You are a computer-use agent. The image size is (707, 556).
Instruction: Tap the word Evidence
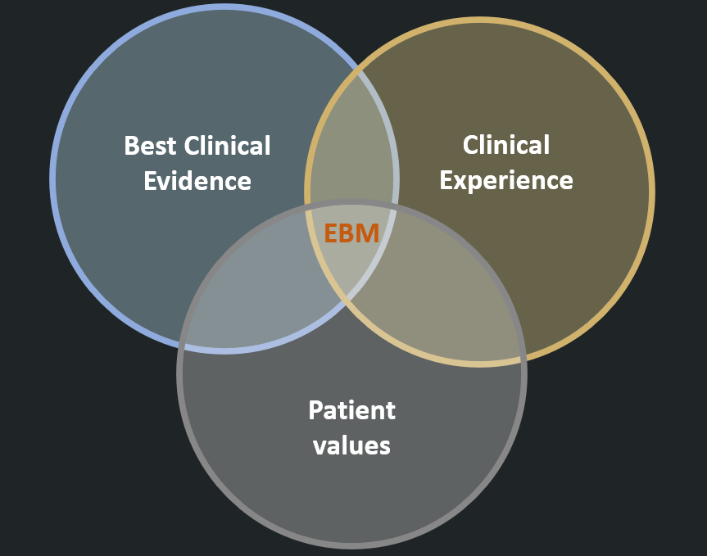(x=197, y=181)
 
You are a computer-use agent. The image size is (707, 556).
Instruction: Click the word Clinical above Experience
(x=505, y=145)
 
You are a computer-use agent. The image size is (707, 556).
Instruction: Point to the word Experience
(x=505, y=180)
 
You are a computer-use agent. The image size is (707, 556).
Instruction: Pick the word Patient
(x=351, y=410)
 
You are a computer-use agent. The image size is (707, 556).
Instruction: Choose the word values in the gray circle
(x=351, y=445)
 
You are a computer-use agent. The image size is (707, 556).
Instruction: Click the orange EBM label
(x=351, y=234)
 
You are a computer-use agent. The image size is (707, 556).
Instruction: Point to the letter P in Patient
(x=316, y=410)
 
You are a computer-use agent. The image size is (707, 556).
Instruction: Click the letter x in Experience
(x=461, y=180)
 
